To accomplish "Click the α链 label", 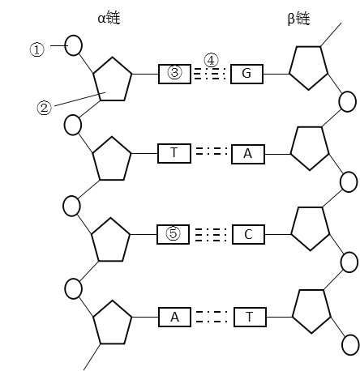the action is (109, 18).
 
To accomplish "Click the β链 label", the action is (298, 19).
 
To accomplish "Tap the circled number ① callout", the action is (36, 49).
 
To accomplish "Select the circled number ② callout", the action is (44, 108).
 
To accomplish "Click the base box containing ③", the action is (174, 74).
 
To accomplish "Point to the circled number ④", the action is (211, 60).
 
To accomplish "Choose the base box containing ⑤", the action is (173, 234).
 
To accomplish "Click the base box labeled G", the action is (246, 74).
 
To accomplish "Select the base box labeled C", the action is (248, 234).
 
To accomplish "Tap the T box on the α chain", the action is (174, 153).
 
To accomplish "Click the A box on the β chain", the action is (248, 154).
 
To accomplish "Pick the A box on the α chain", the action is (174, 317).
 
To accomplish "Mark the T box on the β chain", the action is (250, 317).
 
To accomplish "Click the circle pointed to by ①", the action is (73, 45).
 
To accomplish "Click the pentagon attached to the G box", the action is (309, 68).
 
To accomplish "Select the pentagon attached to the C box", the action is (311, 228).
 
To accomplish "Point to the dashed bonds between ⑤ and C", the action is (211, 234).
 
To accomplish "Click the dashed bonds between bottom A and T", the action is (212, 317).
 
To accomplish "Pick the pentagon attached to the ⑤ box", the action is (111, 240).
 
